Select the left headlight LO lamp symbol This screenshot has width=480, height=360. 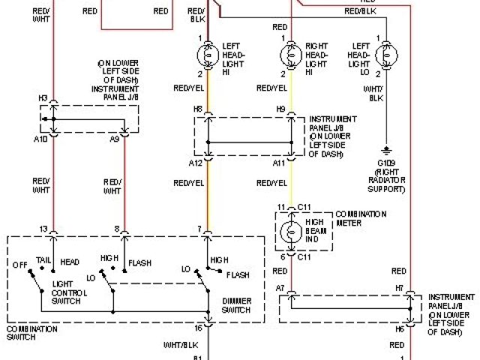tap(386, 55)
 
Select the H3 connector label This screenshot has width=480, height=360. tap(43, 98)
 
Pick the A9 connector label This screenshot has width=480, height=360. tap(115, 139)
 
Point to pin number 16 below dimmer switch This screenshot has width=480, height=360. tap(197, 328)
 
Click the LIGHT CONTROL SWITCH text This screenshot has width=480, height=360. tap(69, 291)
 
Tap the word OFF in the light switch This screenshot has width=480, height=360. tap(19, 264)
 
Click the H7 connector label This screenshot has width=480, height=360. tap(400, 288)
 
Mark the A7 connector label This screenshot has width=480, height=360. tap(280, 288)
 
